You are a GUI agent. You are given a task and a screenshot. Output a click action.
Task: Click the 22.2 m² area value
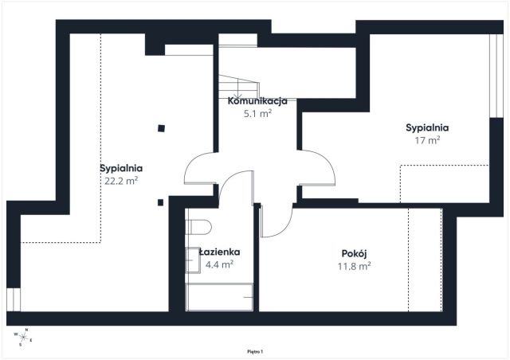[121, 181]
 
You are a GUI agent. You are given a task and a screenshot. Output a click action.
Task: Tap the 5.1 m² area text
[257, 114]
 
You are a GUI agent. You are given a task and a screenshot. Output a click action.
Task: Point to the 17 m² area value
[426, 139]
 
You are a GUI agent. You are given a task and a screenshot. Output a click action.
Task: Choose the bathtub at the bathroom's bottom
[219, 297]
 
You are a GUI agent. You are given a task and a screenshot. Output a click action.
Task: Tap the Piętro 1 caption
[254, 350]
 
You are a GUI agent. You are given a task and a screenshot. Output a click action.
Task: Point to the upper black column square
[161, 127]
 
